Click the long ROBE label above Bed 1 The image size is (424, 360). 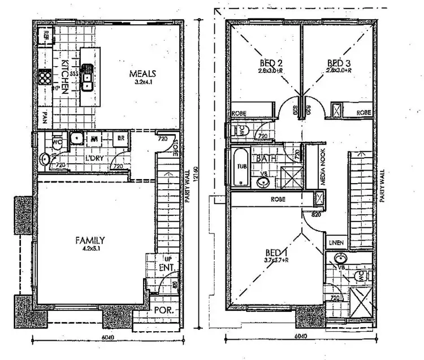coord(277,199)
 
